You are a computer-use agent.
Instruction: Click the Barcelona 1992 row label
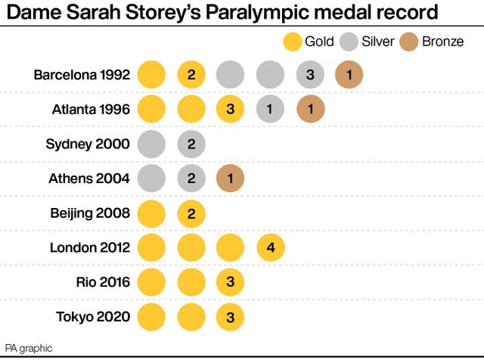point(82,76)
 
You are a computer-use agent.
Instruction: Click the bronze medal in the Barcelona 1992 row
point(349,76)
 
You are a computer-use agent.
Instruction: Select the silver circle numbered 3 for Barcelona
point(309,76)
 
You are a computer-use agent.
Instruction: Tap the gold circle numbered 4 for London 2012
point(270,248)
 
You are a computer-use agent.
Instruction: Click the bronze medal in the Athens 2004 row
point(231,179)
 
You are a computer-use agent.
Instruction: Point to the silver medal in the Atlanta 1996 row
point(270,110)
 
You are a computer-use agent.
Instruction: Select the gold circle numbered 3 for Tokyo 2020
point(231,317)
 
